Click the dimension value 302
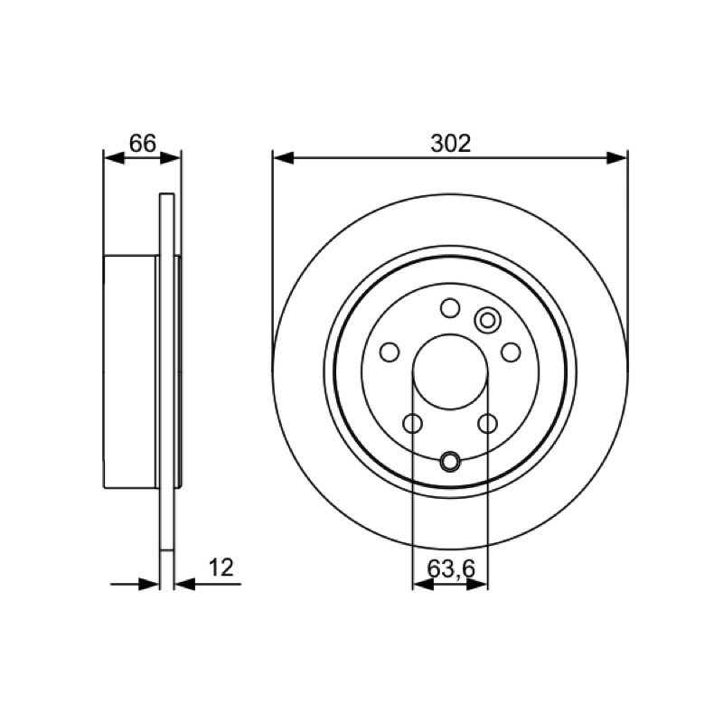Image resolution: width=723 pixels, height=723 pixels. pyautogui.click(x=450, y=144)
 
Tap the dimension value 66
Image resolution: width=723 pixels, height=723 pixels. pyautogui.click(x=143, y=144)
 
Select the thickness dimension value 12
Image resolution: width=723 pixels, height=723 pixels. pyautogui.click(x=221, y=568)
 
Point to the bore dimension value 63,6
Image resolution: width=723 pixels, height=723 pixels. pyautogui.click(x=450, y=569)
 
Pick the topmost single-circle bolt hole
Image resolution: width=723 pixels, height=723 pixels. pyautogui.click(x=450, y=308)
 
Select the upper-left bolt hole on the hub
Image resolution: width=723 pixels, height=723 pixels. pyautogui.click(x=390, y=352)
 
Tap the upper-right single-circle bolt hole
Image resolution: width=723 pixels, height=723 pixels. pyautogui.click(x=511, y=352)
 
